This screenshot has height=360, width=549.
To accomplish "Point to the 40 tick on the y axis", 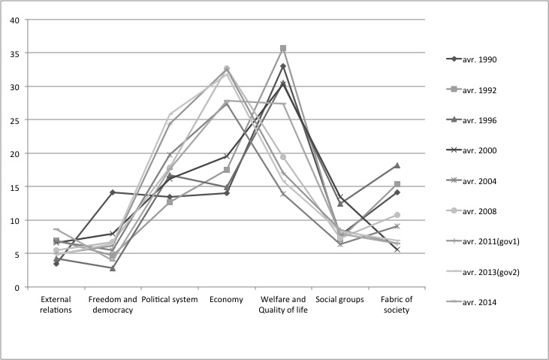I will coord(14,20).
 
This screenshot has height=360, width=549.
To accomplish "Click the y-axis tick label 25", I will coord(14,120).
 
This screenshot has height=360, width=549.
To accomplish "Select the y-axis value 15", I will coord(14,187).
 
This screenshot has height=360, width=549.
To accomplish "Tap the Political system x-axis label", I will coord(169,300).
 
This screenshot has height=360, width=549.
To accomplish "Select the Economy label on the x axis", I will coord(226,300).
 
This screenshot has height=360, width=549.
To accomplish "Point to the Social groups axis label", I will coord(339,300).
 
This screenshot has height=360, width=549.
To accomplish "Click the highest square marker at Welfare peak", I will coord(283,48).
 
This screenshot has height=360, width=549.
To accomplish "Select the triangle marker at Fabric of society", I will coord(397,165).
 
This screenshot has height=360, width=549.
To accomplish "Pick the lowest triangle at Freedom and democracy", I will coord(113,268).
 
